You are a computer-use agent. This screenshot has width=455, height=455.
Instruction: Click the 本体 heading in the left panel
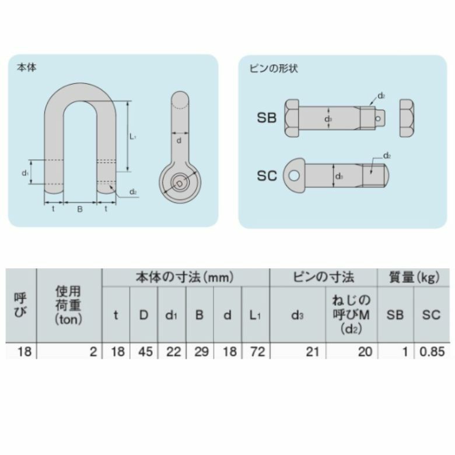pos(27,68)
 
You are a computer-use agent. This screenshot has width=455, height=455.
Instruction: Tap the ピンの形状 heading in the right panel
pos(274,68)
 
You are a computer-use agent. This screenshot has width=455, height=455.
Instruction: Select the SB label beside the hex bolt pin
pos(267,118)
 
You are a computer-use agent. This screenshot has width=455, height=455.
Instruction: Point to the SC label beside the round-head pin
pos(267,176)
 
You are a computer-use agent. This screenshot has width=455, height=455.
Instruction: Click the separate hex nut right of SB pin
pos(407,118)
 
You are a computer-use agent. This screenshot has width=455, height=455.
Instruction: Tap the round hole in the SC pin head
pos(294,175)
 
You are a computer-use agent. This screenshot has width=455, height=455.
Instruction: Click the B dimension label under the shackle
pos(80,209)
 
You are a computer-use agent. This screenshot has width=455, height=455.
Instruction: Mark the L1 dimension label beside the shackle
pos(133,136)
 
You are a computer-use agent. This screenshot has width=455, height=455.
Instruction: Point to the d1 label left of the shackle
pos(25,173)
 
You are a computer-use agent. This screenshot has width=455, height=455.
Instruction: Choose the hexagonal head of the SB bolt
pos(292,118)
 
